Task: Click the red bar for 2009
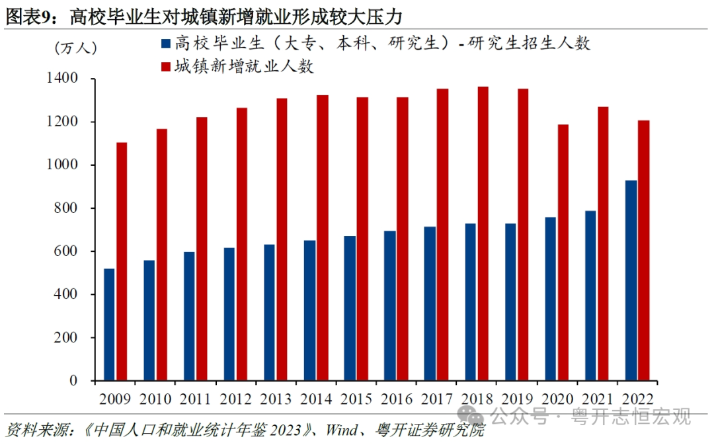122,261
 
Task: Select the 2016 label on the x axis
396,399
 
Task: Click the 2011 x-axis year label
196,399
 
